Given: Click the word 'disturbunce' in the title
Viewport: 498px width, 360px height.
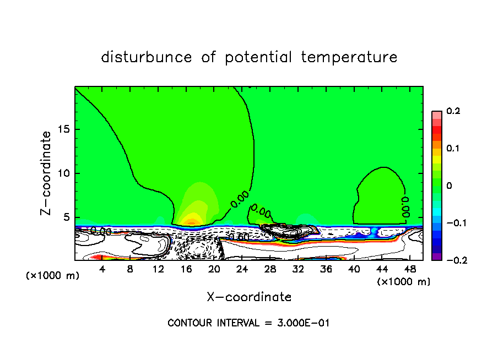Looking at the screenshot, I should point(147,57).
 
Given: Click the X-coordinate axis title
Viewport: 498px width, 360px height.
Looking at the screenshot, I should point(249,297).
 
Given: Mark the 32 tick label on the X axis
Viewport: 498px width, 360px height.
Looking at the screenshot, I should point(298,269).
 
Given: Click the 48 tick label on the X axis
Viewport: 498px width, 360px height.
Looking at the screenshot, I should point(409,269).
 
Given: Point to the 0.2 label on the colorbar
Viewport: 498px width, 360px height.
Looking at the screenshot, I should point(453,111).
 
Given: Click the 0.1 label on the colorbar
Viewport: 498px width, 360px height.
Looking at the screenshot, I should point(453,149).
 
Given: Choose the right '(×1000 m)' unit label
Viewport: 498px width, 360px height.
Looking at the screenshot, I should point(404,281).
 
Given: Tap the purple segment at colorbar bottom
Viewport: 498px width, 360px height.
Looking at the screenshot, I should point(436,257).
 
